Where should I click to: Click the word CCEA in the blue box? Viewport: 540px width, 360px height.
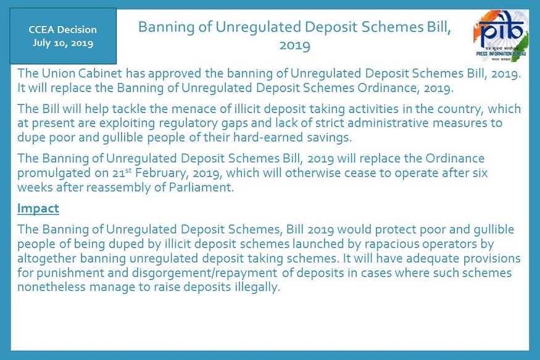[x=41, y=30]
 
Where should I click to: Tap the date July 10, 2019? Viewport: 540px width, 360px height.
[x=63, y=43]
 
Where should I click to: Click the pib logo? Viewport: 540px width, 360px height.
[x=501, y=35]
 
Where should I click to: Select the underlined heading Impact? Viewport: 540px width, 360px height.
[x=38, y=209]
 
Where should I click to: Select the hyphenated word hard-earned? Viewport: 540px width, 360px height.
[x=262, y=138]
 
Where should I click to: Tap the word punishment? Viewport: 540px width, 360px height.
[x=70, y=273]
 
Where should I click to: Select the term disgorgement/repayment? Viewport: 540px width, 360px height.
[x=204, y=273]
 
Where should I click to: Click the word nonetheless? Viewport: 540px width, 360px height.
[x=51, y=287]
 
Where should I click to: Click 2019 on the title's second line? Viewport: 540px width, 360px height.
[x=295, y=46]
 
